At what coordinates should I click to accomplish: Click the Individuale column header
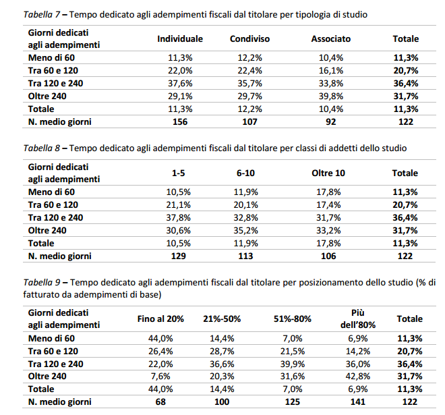[x=180, y=39]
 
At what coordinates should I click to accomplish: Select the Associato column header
[x=330, y=39]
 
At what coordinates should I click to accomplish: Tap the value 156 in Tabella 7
[x=180, y=122]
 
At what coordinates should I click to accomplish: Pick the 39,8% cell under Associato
[x=330, y=96]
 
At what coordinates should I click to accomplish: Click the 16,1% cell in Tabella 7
[x=330, y=71]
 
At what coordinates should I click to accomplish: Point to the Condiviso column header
[x=249, y=39]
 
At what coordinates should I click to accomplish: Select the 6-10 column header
[x=245, y=173]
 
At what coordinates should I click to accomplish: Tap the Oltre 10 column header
[x=328, y=173]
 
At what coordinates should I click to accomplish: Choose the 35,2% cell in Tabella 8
[x=245, y=230]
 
